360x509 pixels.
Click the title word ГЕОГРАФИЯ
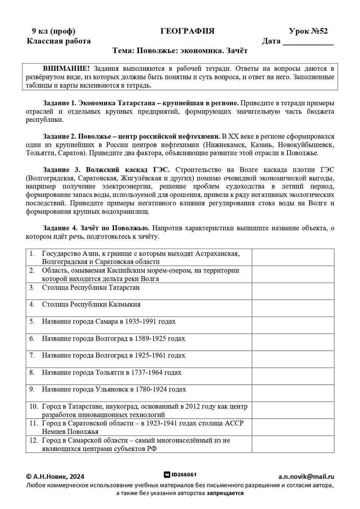tap(187, 31)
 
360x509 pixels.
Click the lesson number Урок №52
tap(308, 31)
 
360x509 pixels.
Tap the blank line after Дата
tap(308, 42)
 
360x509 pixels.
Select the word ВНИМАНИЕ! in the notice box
tap(66, 69)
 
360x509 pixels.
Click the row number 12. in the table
tap(34, 441)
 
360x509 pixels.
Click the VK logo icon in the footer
tap(167, 475)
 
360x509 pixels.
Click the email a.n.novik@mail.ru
tap(306, 477)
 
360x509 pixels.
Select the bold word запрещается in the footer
tap(225, 493)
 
